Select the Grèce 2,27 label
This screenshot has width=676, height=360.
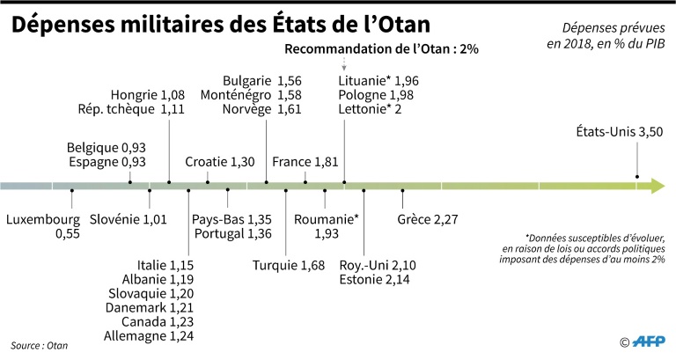tap(428, 218)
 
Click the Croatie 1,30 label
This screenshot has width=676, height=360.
tap(220, 162)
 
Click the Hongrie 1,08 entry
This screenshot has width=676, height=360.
tap(147, 95)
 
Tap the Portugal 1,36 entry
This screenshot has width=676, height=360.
tap(233, 233)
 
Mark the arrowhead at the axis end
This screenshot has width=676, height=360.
tap(655, 186)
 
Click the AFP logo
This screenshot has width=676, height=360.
tap(647, 342)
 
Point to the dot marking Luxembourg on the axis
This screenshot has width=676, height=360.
tap(72, 190)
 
